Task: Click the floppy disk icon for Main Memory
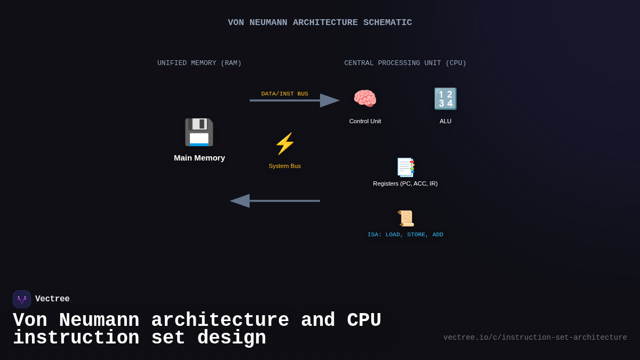tap(199, 132)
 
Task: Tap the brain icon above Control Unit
tap(365, 99)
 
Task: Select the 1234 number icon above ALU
tap(445, 99)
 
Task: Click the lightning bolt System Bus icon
tap(285, 143)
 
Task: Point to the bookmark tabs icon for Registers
tap(405, 167)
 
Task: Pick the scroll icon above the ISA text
tap(405, 218)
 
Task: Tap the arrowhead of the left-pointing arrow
tap(240, 201)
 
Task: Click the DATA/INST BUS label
tap(285, 94)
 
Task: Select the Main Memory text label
tap(199, 158)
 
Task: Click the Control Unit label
tap(365, 121)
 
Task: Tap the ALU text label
tap(445, 121)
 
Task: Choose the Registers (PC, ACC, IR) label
tap(405, 183)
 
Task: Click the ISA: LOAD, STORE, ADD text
tap(405, 235)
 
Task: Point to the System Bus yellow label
tap(285, 166)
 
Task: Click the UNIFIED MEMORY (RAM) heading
tap(199, 63)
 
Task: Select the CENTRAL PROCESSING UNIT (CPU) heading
tap(405, 63)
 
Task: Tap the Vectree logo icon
tap(22, 299)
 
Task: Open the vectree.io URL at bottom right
tap(535, 338)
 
